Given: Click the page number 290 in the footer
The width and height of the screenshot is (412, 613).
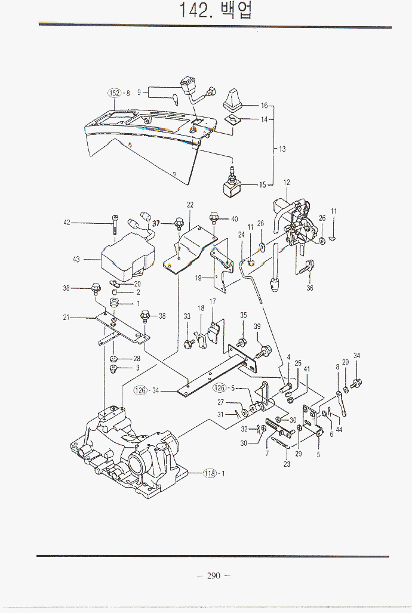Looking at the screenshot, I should pos(213,575).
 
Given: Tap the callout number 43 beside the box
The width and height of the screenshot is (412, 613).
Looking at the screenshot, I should pos(76,259).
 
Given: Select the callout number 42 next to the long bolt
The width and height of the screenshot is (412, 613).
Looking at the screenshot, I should pos(67,223).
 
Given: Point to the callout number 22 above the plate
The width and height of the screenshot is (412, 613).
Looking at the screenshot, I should pos(190,205).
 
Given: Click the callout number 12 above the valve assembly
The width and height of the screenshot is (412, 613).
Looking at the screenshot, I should pos(287,182).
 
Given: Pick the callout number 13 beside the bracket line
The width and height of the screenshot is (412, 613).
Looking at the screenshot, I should pos(282,149).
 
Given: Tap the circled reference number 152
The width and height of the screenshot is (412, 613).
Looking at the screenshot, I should pos(114,93).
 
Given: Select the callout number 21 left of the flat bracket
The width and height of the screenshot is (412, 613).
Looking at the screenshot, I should pos(67,317).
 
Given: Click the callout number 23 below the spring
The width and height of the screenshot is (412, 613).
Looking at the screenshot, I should pos(287,464).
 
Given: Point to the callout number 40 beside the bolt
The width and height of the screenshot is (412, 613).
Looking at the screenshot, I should pos(234,219).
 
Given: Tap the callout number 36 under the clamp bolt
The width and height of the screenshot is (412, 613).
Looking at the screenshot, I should pos(309,288).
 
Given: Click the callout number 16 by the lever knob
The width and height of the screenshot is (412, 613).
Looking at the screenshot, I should pos(264,105).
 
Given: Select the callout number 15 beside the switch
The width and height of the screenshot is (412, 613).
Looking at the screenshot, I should pos(262,185).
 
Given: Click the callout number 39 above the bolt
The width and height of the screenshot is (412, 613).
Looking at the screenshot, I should pos(257,326).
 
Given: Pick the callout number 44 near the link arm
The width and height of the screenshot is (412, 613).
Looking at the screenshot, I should pos(339,429).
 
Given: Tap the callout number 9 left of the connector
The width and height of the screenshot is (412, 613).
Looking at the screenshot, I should pos(139,93).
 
